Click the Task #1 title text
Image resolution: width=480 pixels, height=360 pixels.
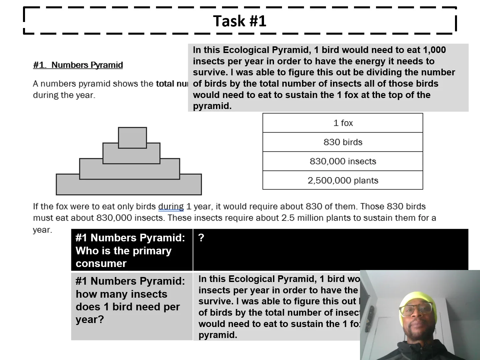tap(240, 21)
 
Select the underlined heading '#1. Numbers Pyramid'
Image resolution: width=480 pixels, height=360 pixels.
tap(78, 65)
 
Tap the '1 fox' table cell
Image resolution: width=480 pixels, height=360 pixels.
tap(343, 123)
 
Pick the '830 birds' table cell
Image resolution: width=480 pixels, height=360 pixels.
tap(343, 142)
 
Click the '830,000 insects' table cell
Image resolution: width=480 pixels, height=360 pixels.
tap(343, 161)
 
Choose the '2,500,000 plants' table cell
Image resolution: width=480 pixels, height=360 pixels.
tap(343, 181)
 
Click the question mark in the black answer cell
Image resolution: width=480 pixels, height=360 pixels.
tap(201, 238)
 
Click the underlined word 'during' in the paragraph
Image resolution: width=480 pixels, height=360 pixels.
tap(171, 207)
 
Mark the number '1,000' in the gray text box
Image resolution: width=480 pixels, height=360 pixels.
tap(434, 50)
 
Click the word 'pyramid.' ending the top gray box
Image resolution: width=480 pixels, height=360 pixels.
tap(212, 106)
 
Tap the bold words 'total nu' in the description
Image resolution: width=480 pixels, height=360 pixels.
tap(172, 84)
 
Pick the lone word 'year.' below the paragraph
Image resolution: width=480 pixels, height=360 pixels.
tap(43, 230)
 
